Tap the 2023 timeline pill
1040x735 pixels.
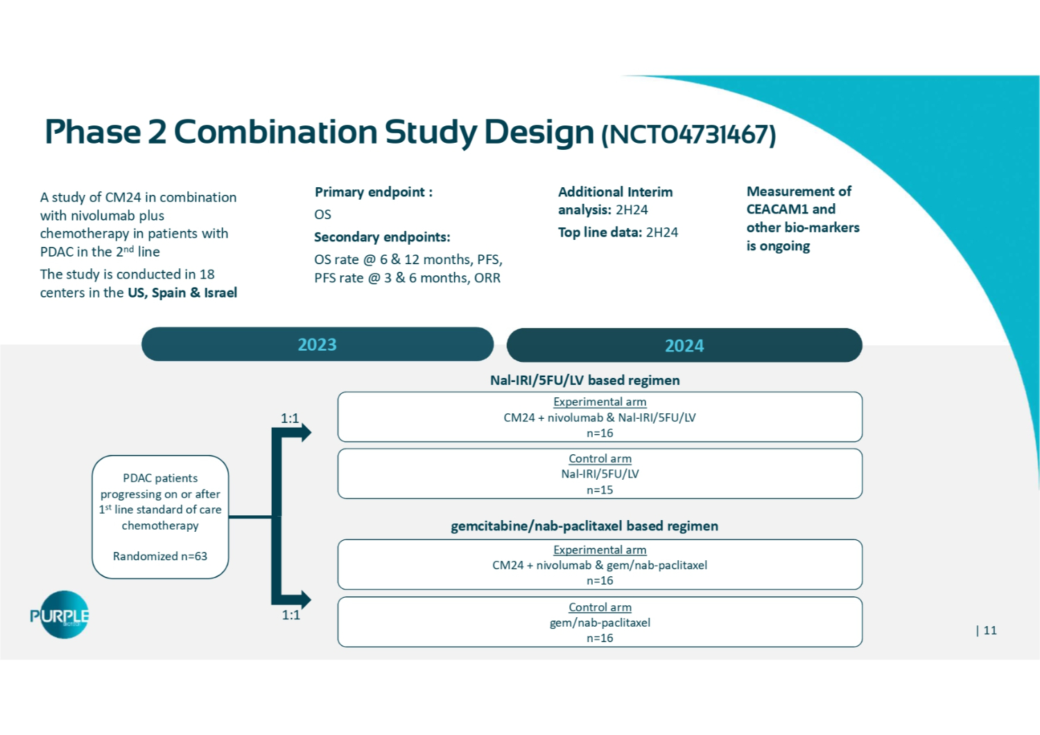click(x=317, y=345)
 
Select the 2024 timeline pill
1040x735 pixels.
click(x=684, y=345)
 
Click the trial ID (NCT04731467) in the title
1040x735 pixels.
click(x=688, y=135)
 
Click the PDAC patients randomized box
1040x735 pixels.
click(x=160, y=517)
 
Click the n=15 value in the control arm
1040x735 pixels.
click(x=600, y=490)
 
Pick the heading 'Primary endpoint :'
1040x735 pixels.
click(x=374, y=192)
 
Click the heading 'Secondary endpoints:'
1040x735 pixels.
click(x=382, y=237)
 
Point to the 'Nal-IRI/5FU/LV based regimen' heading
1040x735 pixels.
click(x=584, y=380)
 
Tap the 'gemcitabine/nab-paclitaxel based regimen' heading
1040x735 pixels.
click(x=584, y=526)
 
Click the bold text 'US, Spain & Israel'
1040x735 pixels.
click(x=182, y=293)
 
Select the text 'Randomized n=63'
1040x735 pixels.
click(x=160, y=556)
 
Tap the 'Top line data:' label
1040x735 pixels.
click(x=600, y=232)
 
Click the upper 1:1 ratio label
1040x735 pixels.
click(x=290, y=418)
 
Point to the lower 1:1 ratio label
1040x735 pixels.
click(x=291, y=615)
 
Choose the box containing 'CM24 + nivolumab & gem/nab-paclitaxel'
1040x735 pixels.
click(x=600, y=564)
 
